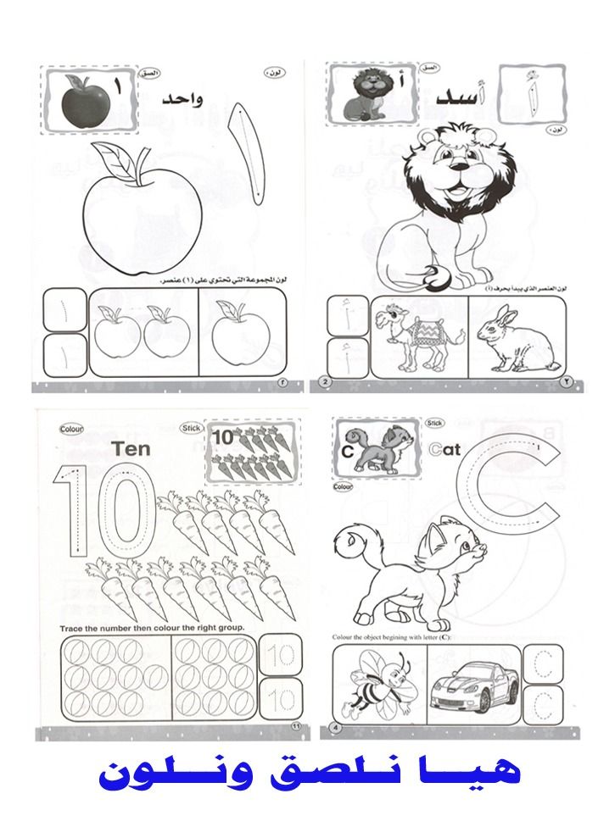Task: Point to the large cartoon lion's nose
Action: click(x=458, y=176)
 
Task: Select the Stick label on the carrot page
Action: click(x=192, y=428)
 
